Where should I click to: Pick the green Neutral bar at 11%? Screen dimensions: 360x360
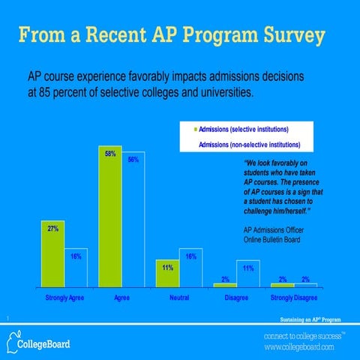point(168,273)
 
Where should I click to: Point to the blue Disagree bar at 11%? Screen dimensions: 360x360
point(248,274)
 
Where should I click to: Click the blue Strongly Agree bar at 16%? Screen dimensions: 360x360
point(76,267)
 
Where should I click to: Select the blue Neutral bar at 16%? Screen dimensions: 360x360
point(190,267)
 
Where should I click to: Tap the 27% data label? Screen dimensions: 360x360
point(53,228)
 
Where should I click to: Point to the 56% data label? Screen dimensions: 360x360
point(133,160)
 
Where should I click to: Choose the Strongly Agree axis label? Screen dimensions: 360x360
point(65,298)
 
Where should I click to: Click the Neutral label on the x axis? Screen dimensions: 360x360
point(179,298)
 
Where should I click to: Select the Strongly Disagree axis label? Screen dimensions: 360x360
point(294,298)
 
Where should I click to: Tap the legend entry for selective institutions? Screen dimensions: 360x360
point(247,130)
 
